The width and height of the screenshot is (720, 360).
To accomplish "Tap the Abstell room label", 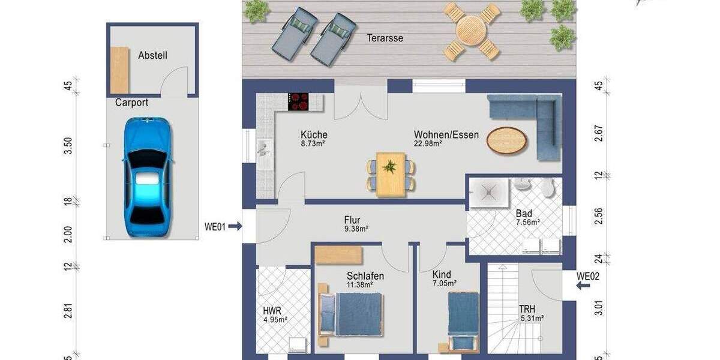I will pos(152,55).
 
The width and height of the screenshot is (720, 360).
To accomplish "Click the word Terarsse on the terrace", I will pos(385,38).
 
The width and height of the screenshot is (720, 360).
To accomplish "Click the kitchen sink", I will pos(263,148).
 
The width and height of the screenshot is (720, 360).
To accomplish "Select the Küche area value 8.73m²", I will pos(313,144).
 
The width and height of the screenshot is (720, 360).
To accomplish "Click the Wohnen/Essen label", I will pos(446,134).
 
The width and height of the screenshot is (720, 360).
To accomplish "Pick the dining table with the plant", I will pos(391,173).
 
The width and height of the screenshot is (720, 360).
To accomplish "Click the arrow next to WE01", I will pos(235,226).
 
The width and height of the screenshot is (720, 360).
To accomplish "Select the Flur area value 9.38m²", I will pos(356,229).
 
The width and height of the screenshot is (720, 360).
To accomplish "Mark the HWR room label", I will pos(272,311).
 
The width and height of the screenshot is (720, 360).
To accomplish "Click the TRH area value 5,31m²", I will pos(532,319).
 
